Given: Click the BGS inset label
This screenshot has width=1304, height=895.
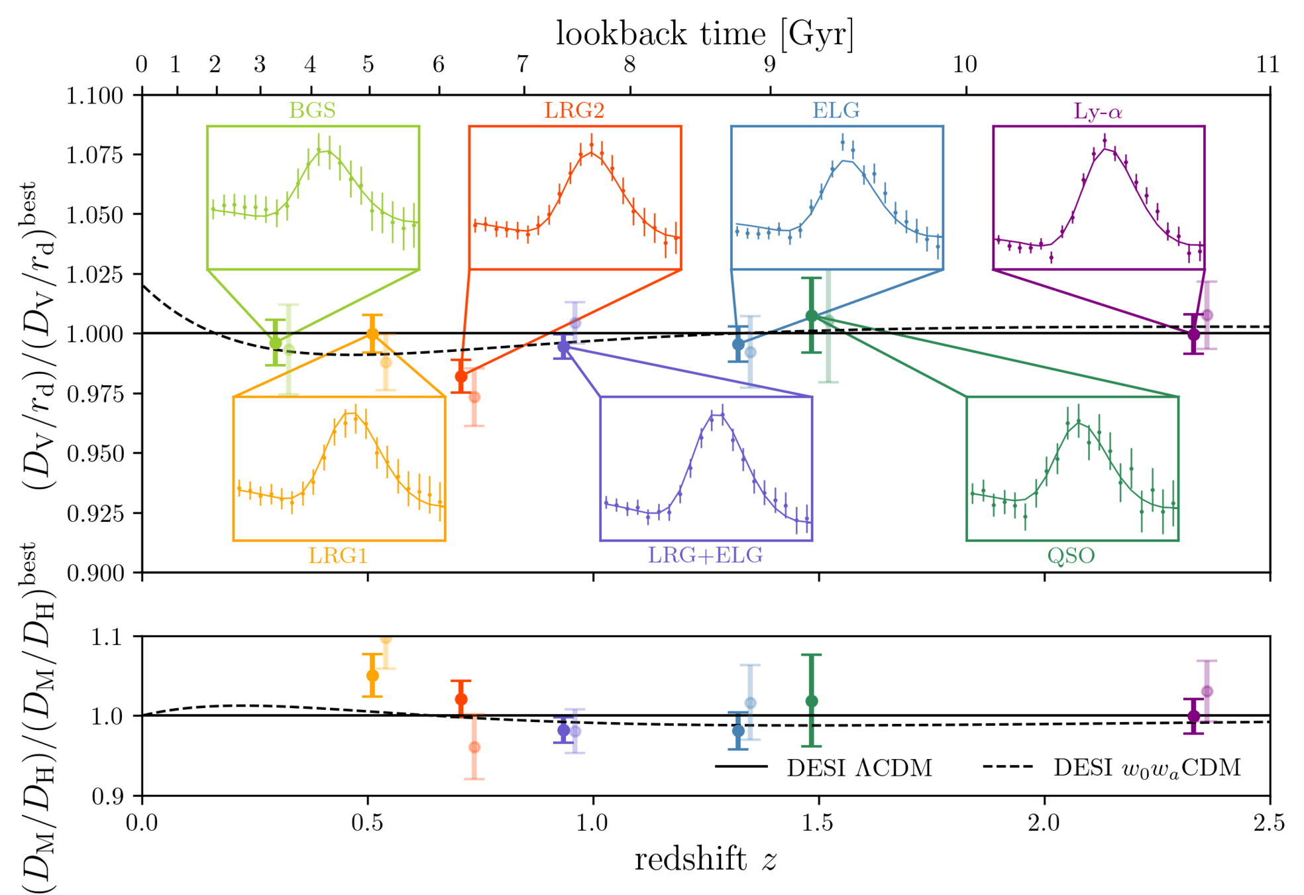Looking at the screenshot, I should [x=312, y=110].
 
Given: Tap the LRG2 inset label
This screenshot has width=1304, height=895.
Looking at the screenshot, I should [x=574, y=110].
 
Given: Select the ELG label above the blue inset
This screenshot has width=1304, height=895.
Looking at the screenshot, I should [x=836, y=110].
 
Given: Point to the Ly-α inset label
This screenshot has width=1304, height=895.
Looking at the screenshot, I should [x=1098, y=111].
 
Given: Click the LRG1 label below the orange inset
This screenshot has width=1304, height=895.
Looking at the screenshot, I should [x=338, y=555].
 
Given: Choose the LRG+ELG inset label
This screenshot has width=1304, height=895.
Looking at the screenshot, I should [x=705, y=555].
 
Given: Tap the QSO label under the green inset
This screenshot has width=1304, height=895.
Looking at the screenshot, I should [x=1071, y=555].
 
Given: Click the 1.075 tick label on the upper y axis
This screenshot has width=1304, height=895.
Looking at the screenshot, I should [x=95, y=154].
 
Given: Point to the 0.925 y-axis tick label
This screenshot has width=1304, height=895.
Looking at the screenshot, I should [x=95, y=513].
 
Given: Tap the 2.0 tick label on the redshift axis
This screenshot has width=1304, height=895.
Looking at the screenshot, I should [x=1044, y=823].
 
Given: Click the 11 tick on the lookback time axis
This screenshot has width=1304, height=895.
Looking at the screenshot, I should [x=1268, y=64].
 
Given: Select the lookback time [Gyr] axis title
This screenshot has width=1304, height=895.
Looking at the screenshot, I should [x=704, y=33].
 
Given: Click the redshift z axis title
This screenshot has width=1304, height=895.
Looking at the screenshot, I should [x=705, y=859].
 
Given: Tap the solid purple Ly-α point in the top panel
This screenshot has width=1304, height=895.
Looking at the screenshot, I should [x=1193, y=334].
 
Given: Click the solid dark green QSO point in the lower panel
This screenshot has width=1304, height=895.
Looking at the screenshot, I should [x=811, y=701].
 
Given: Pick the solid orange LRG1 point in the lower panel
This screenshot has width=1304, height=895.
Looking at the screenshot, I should [x=372, y=675].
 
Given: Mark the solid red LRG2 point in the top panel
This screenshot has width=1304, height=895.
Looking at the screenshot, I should [x=461, y=377].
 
